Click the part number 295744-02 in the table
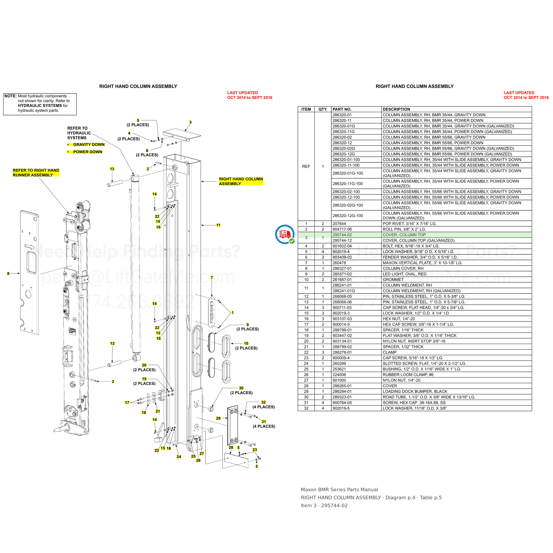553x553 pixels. pos(342,235)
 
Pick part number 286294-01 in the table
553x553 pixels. pos(342,391)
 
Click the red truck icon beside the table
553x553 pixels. pos(285,234)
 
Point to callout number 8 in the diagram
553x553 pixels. pos(8,274)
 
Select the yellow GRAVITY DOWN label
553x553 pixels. pos(89,144)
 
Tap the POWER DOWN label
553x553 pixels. pos(88,152)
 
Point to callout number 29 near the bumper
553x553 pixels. pos(218,418)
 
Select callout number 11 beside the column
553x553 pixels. pos(218,225)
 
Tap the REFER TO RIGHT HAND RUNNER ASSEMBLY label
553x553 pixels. pos(36,173)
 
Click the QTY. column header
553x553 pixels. pos(323,109)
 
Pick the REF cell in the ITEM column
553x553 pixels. pos(306,166)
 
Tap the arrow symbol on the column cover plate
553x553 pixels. pos(29,247)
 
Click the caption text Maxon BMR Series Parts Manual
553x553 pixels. pos(339,490)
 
